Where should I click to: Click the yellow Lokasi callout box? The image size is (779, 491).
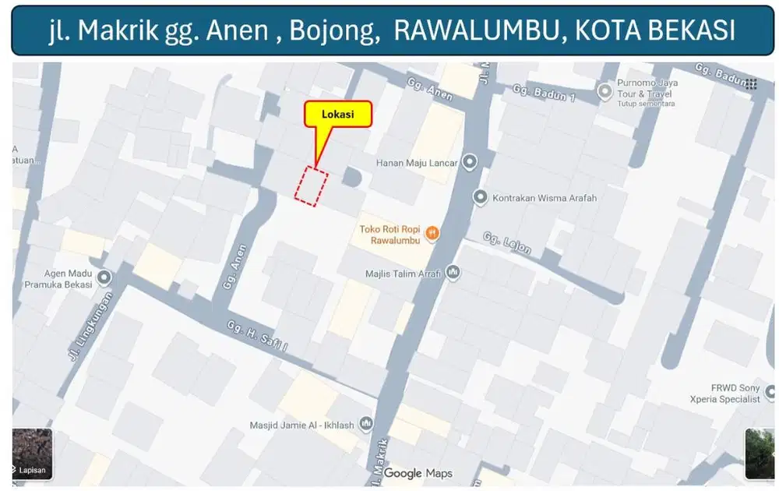pyautogui.click(x=337, y=114)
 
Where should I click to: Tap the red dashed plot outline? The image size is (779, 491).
pyautogui.click(x=311, y=186)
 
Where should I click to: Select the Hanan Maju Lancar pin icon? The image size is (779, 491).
pyautogui.click(x=469, y=163)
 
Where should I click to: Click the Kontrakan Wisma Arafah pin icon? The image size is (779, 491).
pyautogui.click(x=481, y=198)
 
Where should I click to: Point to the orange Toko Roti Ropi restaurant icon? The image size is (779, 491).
pyautogui.click(x=432, y=233)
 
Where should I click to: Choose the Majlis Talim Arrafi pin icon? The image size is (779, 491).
pyautogui.click(x=453, y=274)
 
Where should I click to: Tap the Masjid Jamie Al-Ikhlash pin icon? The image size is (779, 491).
pyautogui.click(x=365, y=425)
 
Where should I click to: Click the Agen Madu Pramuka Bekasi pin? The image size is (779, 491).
pyautogui.click(x=103, y=277)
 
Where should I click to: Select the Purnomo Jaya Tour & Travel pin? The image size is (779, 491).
pyautogui.click(x=605, y=93)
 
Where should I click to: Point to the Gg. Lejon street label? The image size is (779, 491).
pyautogui.click(x=507, y=243)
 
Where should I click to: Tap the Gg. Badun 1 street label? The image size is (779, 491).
pyautogui.click(x=543, y=94)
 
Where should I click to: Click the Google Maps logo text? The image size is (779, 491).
pyautogui.click(x=418, y=473)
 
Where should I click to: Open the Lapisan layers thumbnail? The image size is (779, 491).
pyautogui.click(x=32, y=454)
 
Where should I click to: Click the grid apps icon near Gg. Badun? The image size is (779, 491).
pyautogui.click(x=751, y=84)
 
